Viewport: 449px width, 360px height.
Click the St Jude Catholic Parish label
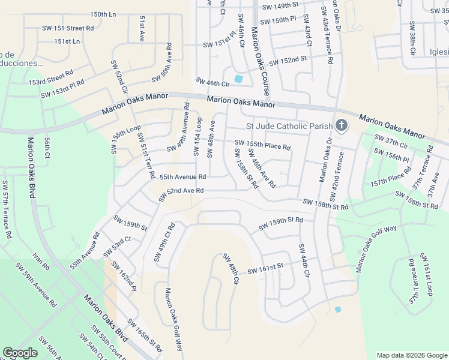tap(289, 126)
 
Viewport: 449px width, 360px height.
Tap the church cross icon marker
tap(342, 125)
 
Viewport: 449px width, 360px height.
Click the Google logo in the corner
tap(20, 353)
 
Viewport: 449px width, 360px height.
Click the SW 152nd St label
tap(288, 61)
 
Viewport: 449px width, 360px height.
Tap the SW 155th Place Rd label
tap(262, 145)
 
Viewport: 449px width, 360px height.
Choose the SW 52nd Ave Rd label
tap(181, 194)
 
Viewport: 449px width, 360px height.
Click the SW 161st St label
tap(265, 268)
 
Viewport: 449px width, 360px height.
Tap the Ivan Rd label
tap(42, 261)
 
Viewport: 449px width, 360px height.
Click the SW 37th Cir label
tap(391, 142)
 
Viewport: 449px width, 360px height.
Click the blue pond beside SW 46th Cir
tap(239, 79)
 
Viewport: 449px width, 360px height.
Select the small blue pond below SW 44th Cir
tap(337, 310)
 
